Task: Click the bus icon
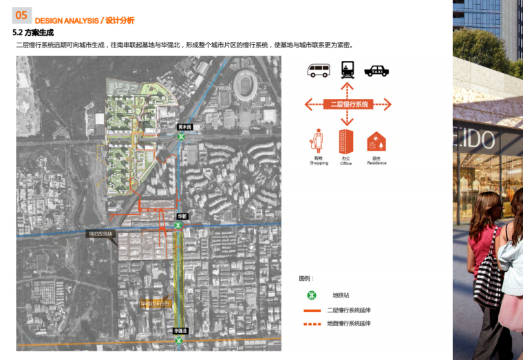[x=319, y=70]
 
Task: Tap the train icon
[x=348, y=70]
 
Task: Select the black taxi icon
[x=376, y=70]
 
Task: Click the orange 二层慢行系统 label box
[x=348, y=105]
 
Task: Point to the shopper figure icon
[x=318, y=141]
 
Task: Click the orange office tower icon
[x=346, y=141]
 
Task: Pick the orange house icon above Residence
[x=376, y=142]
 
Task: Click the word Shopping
[x=319, y=163]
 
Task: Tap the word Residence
[x=376, y=163]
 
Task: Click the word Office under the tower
[x=345, y=164]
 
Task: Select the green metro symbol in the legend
[x=312, y=295]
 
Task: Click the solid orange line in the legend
[x=312, y=310]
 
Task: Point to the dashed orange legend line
[x=312, y=324]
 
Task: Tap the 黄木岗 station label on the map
[x=184, y=127]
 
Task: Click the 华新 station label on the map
[x=182, y=216]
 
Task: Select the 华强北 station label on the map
[x=180, y=331]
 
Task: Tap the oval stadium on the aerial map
[x=245, y=85]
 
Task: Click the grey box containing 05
[x=21, y=15]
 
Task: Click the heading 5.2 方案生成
[x=33, y=32]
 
